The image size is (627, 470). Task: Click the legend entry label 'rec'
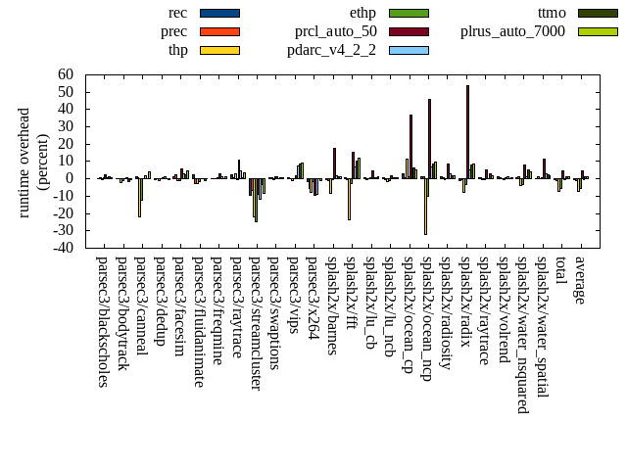click(x=177, y=13)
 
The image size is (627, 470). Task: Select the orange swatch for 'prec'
click(x=219, y=31)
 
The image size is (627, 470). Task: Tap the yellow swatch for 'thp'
click(x=219, y=50)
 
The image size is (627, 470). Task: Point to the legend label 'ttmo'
click(x=552, y=13)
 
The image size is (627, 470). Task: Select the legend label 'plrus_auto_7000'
click(x=512, y=31)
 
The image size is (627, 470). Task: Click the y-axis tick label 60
click(x=66, y=74)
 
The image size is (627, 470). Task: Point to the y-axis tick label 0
click(x=70, y=178)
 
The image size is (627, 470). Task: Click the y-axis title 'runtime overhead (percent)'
click(x=32, y=162)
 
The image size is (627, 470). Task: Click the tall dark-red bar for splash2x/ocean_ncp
click(x=429, y=138)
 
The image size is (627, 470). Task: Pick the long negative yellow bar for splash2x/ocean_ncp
click(x=425, y=206)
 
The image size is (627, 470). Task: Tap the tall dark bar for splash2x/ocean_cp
click(x=410, y=146)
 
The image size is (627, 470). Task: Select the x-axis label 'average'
click(x=580, y=281)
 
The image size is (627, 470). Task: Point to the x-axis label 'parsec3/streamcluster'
click(x=256, y=323)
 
